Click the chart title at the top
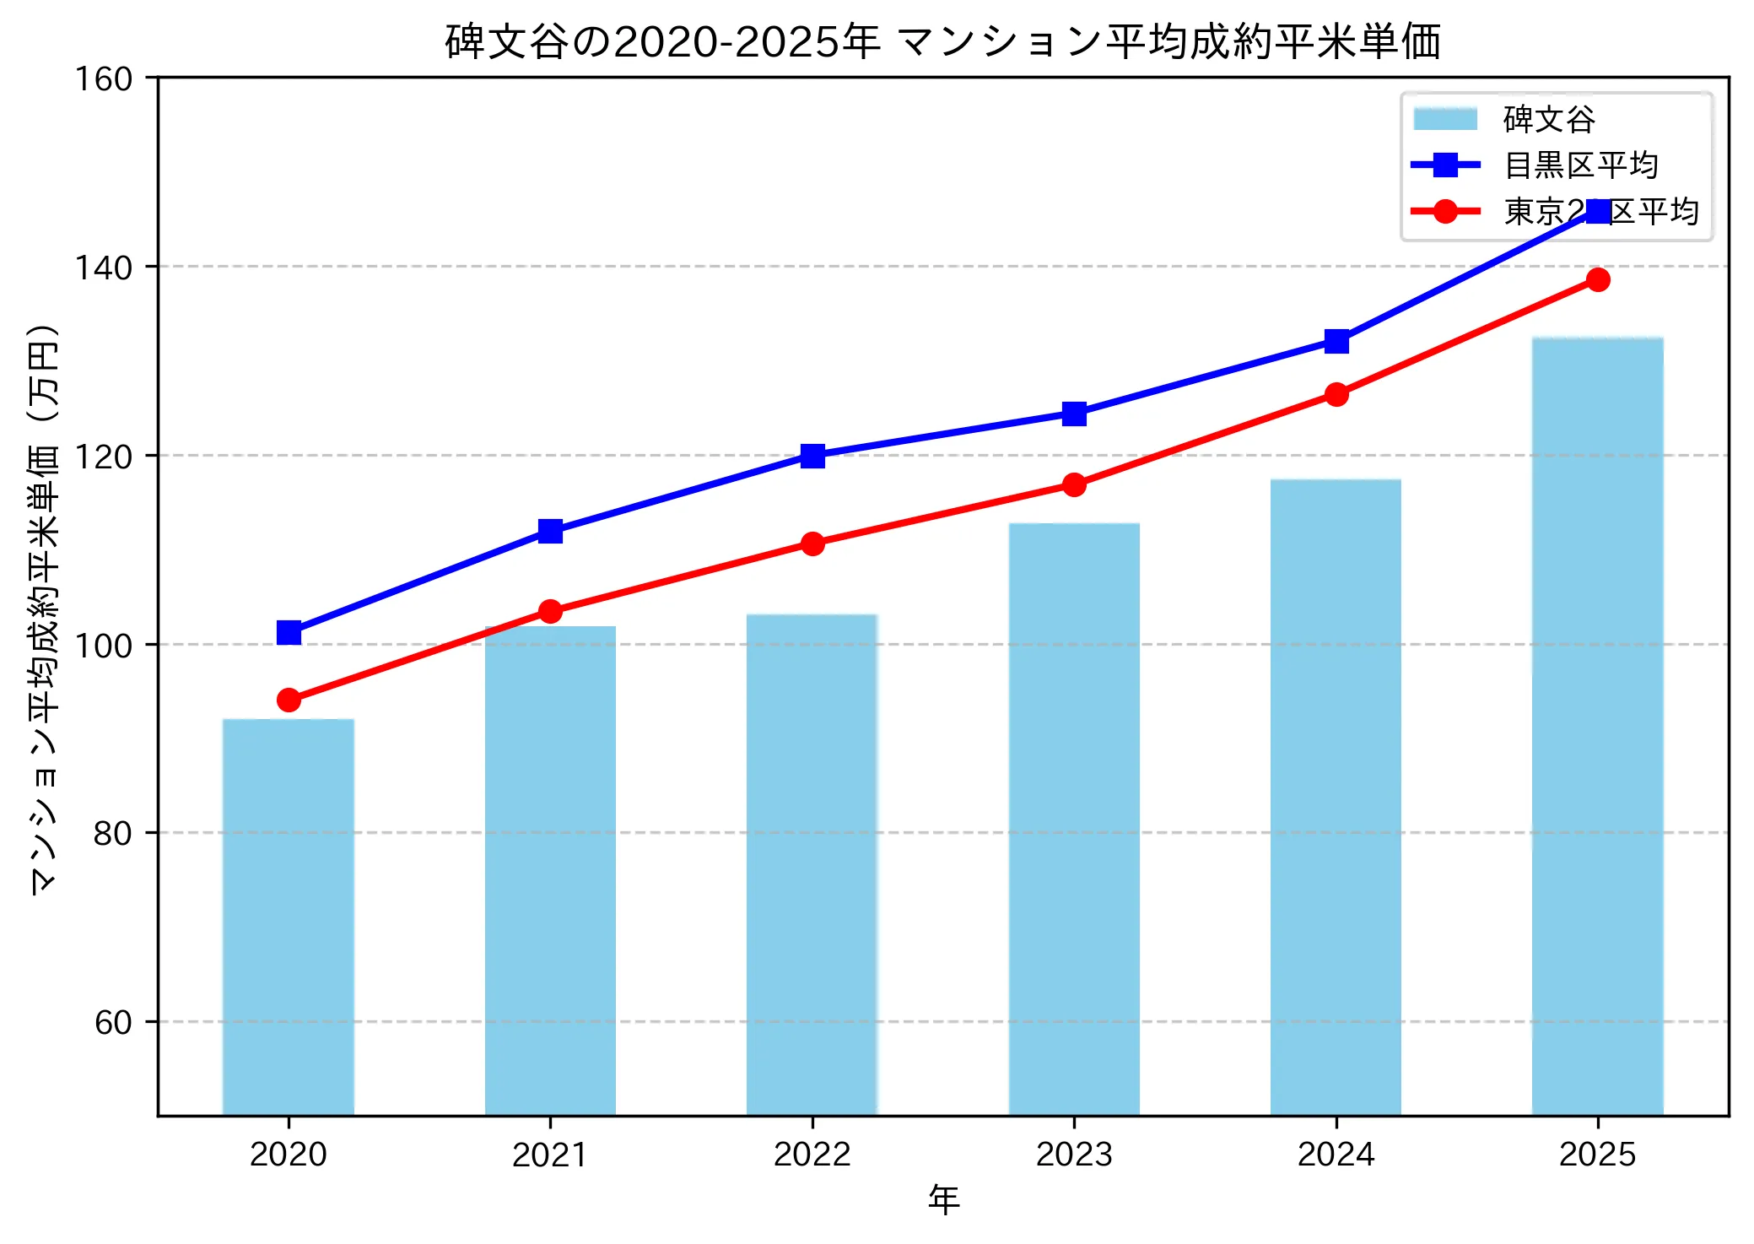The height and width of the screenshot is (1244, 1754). [942, 42]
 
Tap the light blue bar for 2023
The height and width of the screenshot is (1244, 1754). [1074, 819]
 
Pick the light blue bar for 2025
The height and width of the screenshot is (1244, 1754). [1597, 726]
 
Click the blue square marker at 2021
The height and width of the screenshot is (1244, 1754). [550, 531]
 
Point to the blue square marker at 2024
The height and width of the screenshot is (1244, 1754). [1336, 342]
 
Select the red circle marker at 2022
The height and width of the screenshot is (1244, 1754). [812, 544]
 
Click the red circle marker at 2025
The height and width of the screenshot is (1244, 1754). [1598, 279]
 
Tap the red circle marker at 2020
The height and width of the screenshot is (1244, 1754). [289, 700]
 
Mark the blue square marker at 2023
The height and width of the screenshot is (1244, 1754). [1074, 414]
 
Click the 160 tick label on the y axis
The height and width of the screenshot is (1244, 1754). [104, 79]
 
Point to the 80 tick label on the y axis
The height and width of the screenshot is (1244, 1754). [113, 833]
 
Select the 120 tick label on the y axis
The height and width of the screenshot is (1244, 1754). [104, 457]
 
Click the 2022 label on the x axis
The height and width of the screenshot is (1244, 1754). [812, 1154]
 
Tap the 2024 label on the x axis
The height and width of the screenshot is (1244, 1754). [1336, 1154]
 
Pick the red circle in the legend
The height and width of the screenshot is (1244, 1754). [1445, 211]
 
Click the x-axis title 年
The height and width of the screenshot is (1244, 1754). [943, 1199]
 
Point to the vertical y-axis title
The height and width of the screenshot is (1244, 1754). [44, 608]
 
